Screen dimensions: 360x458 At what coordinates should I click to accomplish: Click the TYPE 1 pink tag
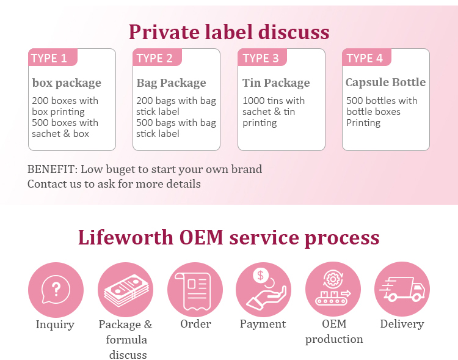point(49,59)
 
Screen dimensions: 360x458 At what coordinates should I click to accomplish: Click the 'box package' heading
point(67,83)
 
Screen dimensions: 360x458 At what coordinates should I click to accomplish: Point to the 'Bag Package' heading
point(171,83)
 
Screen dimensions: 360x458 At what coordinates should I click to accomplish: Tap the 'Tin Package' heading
point(276,83)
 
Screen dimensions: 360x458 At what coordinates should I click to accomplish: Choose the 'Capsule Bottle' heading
point(385,83)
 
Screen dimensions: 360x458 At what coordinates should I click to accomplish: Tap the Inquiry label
point(55,325)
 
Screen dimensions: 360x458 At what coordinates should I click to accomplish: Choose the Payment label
point(263,324)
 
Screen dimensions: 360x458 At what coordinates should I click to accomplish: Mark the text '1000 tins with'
point(274,101)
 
